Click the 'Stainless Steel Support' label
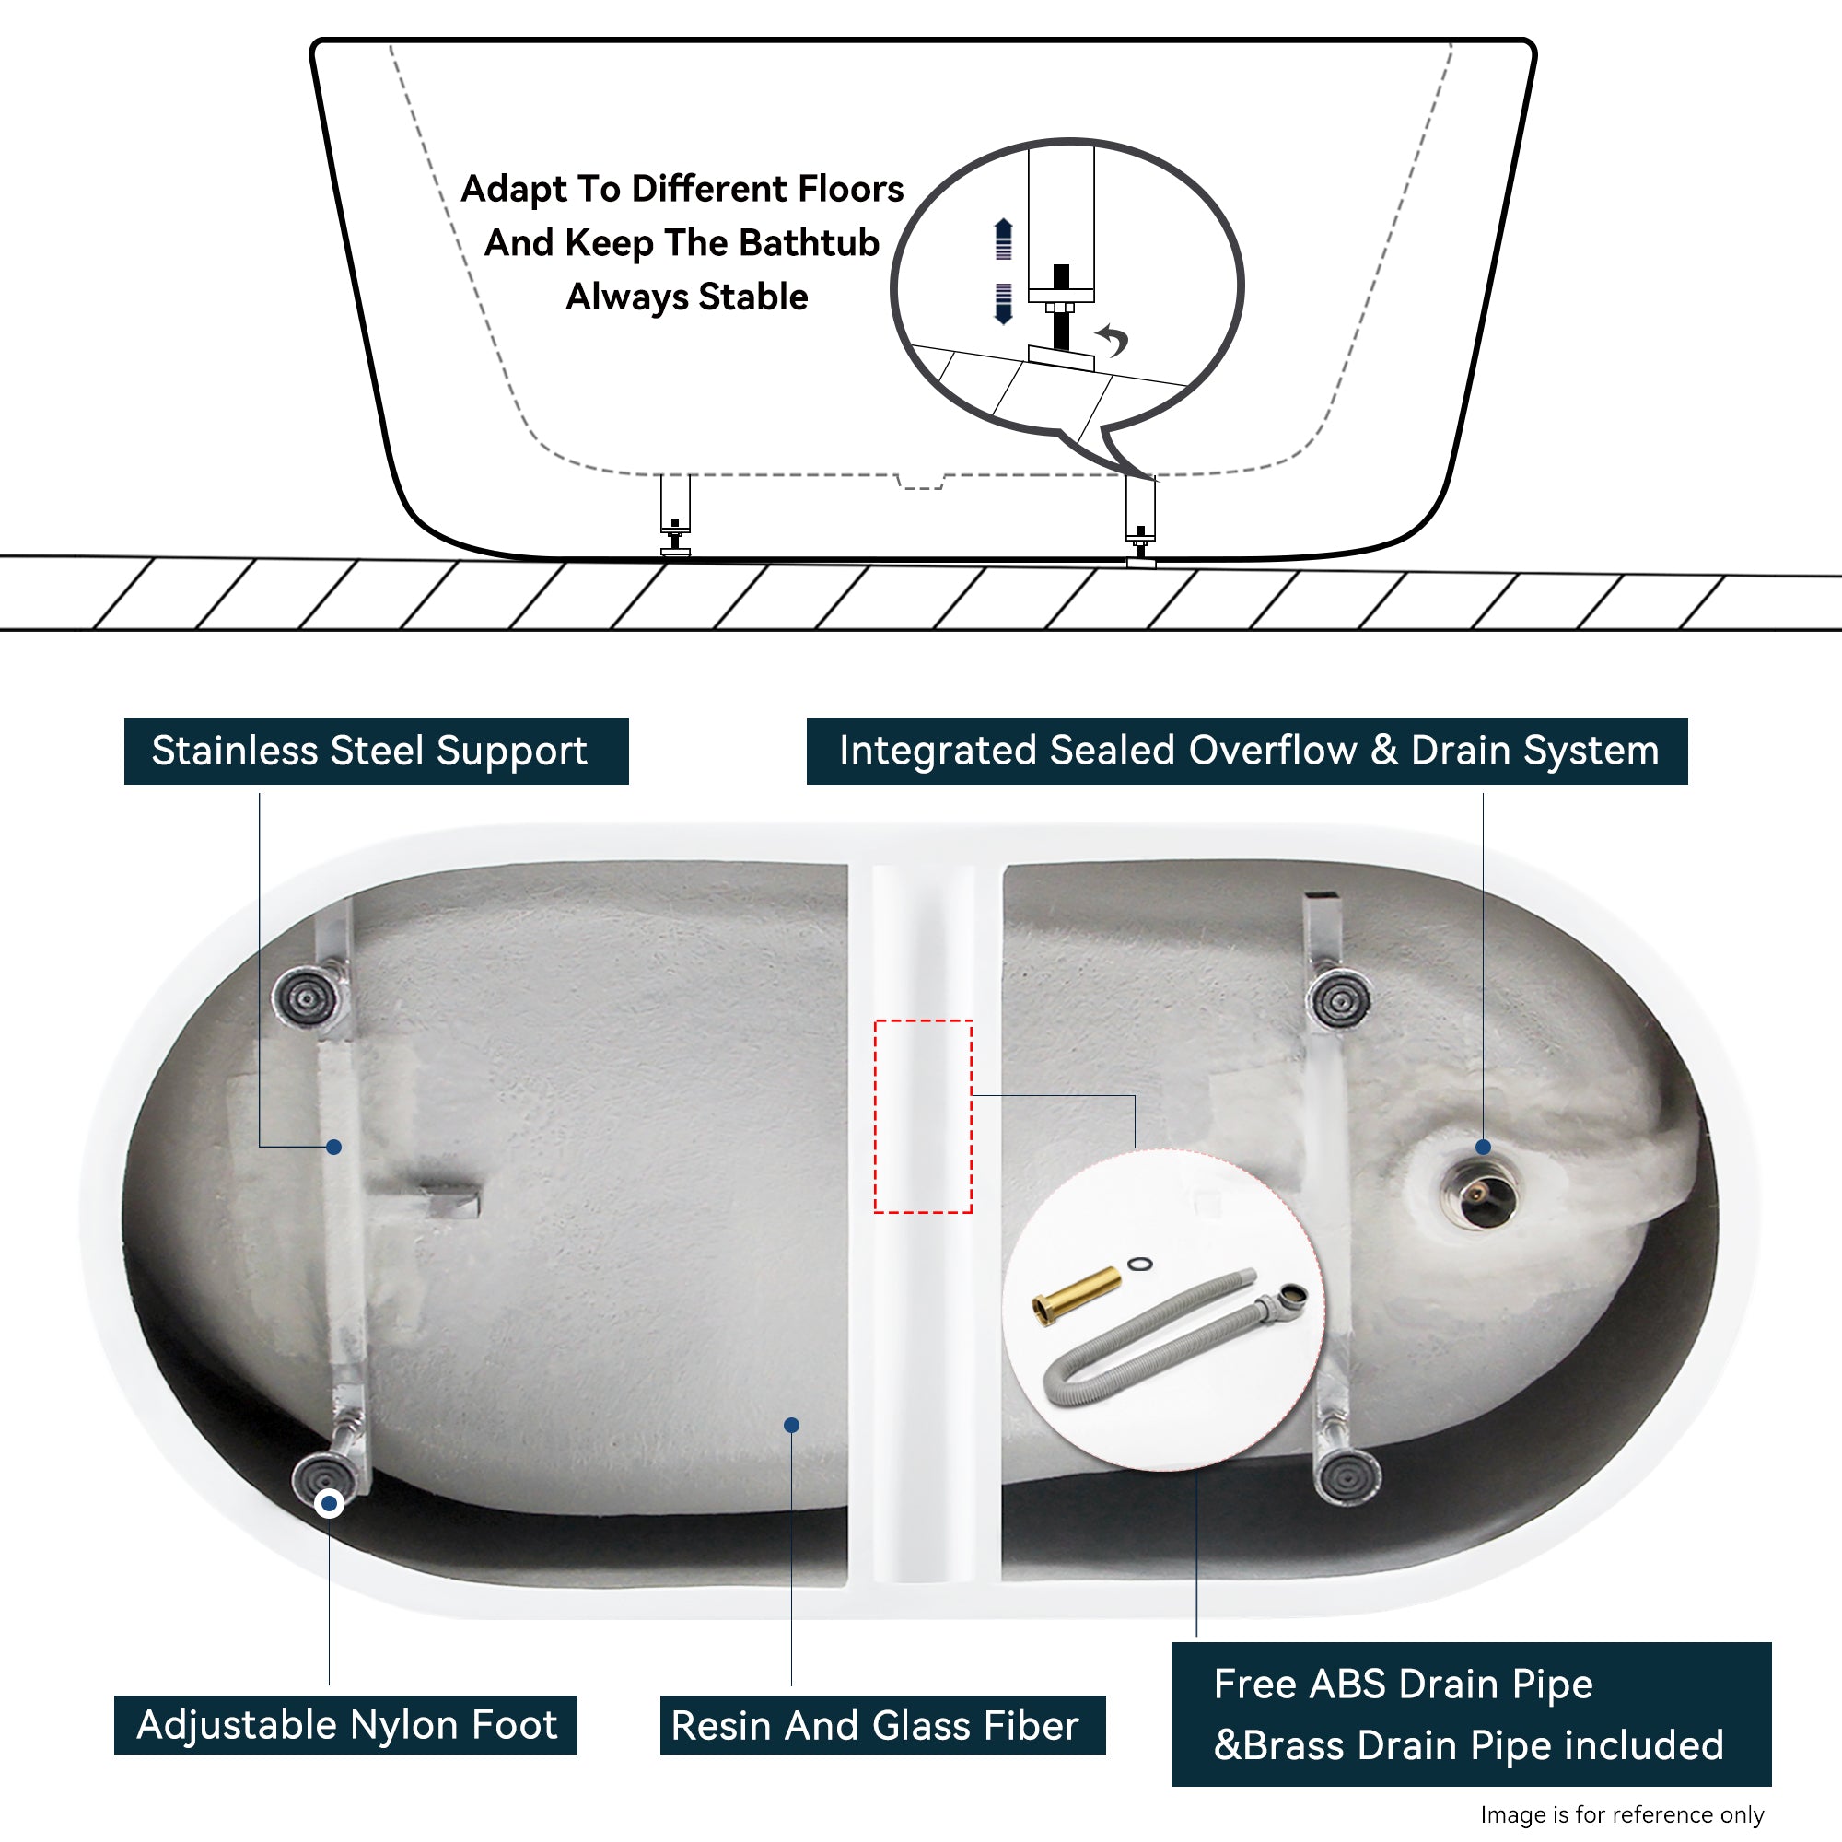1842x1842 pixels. point(376,752)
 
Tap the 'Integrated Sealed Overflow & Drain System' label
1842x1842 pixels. point(1247,752)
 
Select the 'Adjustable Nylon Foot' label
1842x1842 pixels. point(345,1725)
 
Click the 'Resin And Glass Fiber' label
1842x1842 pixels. point(883,1725)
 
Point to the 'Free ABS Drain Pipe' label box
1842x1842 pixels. point(1471,1714)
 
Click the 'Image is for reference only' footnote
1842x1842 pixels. point(1622,1814)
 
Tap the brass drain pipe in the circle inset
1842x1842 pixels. point(1077,1295)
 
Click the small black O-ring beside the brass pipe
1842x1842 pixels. point(1139,1265)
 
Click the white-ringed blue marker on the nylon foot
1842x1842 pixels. point(329,1504)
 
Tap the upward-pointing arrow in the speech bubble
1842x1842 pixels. point(1003,239)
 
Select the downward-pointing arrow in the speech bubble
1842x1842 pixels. point(1003,303)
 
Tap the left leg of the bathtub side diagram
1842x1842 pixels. point(675,515)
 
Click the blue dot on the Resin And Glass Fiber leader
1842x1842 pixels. point(791,1425)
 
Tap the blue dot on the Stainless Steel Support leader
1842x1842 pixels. point(333,1147)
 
